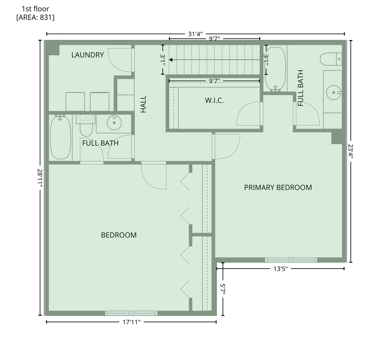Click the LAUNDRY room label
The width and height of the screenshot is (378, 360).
pyautogui.click(x=87, y=55)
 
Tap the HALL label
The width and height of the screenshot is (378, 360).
pyautogui.click(x=143, y=104)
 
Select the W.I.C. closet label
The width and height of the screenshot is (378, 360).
pyautogui.click(x=214, y=100)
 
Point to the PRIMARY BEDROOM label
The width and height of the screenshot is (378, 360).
pyautogui.click(x=278, y=187)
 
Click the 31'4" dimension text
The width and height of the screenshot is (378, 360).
pyautogui.click(x=195, y=34)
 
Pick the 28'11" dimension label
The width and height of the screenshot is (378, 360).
pyautogui.click(x=40, y=178)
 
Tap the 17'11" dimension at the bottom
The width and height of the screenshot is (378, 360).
pyautogui.click(x=131, y=322)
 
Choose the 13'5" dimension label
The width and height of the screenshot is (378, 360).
pyautogui.click(x=281, y=269)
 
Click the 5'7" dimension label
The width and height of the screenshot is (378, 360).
pyautogui.click(x=223, y=289)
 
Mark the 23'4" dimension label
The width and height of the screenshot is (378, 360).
pyautogui.click(x=351, y=151)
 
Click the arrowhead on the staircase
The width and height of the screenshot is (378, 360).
pyautogui.click(x=171, y=60)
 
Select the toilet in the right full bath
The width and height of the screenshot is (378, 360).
pyautogui.click(x=331, y=59)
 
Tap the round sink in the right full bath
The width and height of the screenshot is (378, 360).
pyautogui.click(x=334, y=92)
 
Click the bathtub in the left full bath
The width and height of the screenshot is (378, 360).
pyautogui.click(x=61, y=137)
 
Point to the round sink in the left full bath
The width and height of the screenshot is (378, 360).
pyautogui.click(x=114, y=123)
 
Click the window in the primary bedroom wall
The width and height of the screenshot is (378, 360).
pyautogui.click(x=291, y=260)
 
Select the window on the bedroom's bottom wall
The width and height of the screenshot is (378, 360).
pyautogui.click(x=131, y=313)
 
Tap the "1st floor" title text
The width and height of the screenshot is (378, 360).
pyautogui.click(x=35, y=9)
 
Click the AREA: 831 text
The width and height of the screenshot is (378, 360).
pyautogui.click(x=35, y=18)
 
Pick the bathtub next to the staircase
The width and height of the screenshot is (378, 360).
pyautogui.click(x=275, y=69)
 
